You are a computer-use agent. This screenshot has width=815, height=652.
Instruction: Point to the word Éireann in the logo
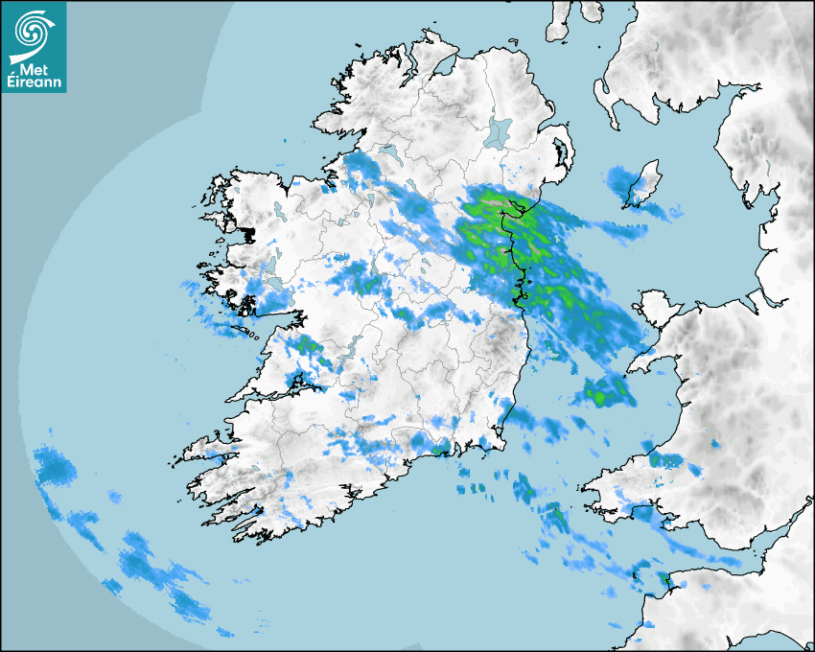pos(35,82)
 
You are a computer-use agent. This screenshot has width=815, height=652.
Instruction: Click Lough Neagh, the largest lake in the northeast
pos(500,132)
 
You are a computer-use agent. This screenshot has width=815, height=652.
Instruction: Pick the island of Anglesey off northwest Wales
pos(656,307)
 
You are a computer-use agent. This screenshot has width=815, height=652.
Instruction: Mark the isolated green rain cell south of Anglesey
pos(604,389)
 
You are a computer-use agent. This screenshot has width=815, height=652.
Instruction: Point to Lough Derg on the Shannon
pos(347,353)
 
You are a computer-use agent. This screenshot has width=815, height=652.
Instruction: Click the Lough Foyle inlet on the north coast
pos(443,66)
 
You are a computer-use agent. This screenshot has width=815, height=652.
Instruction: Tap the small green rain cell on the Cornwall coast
pos(662,578)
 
